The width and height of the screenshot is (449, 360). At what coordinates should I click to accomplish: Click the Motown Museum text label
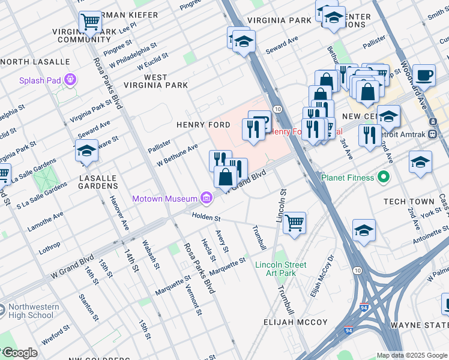[164, 199]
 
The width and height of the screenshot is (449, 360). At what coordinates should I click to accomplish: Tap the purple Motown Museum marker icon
[206, 197]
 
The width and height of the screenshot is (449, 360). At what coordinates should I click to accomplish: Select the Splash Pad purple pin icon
[71, 79]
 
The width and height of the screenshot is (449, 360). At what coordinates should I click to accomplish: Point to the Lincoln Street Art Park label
[280, 269]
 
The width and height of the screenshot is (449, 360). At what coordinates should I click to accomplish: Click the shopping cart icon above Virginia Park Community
[90, 23]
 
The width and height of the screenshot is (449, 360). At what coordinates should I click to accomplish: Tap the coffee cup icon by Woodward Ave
[424, 75]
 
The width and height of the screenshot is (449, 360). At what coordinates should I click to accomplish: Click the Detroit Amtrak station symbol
[432, 133]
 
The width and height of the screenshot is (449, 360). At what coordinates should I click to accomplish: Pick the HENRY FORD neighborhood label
[203, 125]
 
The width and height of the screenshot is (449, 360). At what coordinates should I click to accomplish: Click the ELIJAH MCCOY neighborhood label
[296, 322]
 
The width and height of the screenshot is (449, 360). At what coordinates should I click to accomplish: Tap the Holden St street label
[206, 218]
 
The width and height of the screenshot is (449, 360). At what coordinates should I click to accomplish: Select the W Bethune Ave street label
[177, 155]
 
